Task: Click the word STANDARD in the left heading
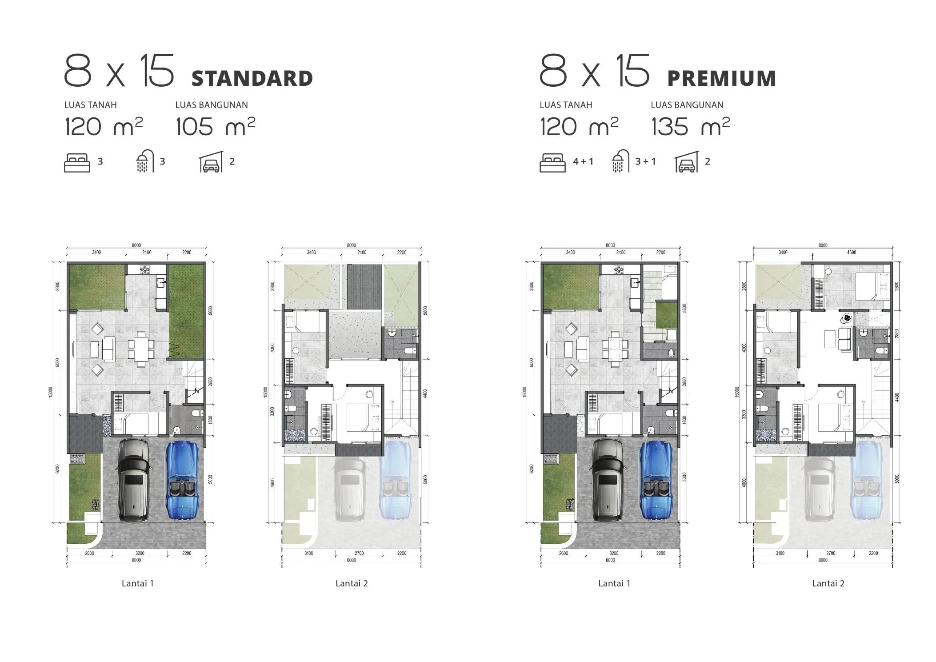pyautogui.click(x=252, y=79)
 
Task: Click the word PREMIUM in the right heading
pyautogui.click(x=721, y=79)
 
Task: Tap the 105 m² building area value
pyautogui.click(x=215, y=127)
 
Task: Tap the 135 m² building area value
pyautogui.click(x=690, y=127)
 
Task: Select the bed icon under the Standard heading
pyautogui.click(x=77, y=163)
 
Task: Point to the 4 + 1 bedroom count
pyautogui.click(x=583, y=161)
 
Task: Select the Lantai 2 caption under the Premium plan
pyautogui.click(x=828, y=583)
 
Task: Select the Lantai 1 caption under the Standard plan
pyautogui.click(x=137, y=583)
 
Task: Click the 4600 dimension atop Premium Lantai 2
pyautogui.click(x=851, y=252)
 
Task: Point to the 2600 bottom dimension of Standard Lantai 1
pyautogui.click(x=89, y=553)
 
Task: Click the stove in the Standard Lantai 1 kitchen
pyautogui.click(x=145, y=269)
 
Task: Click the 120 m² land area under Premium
pyautogui.click(x=579, y=127)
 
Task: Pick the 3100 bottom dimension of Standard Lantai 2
pyautogui.click(x=308, y=553)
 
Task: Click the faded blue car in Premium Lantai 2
pyautogui.click(x=865, y=480)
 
